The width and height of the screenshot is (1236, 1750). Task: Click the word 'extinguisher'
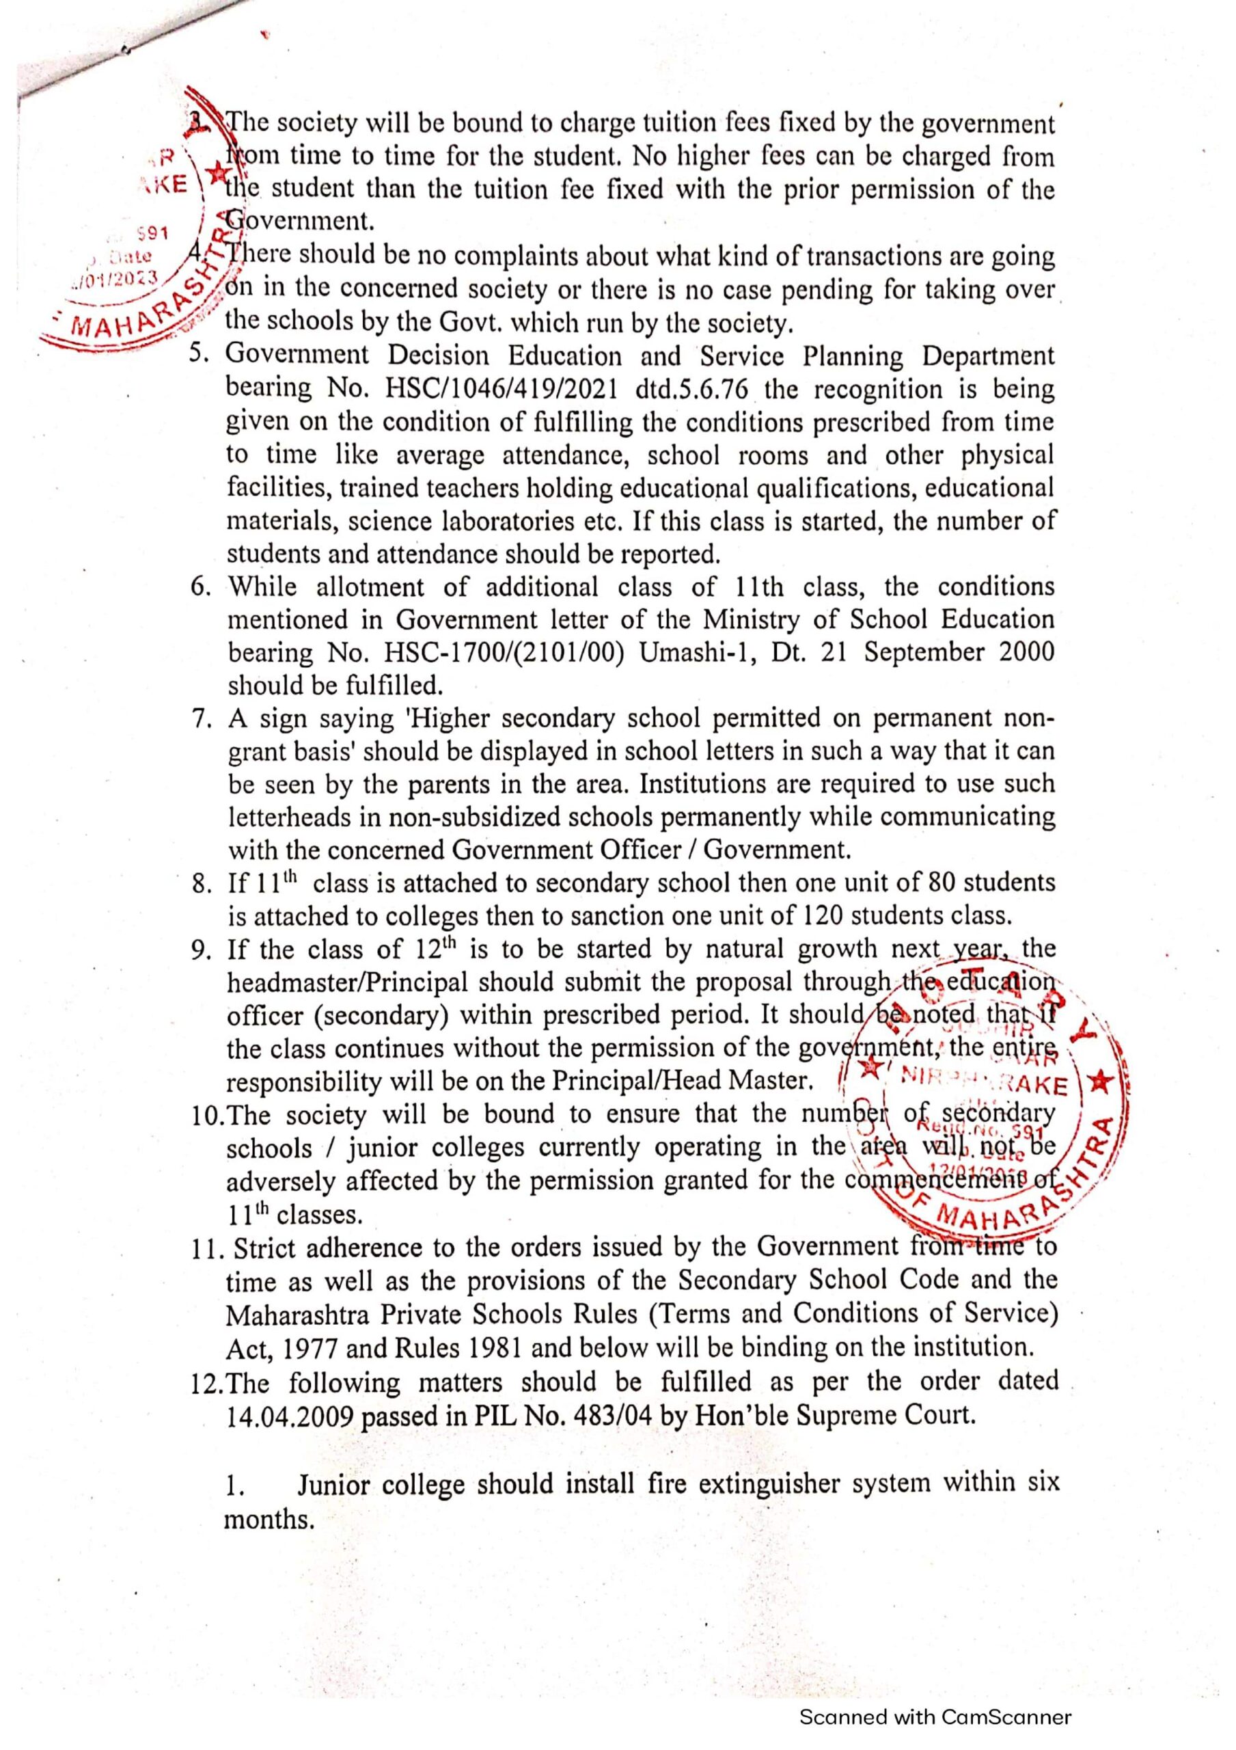[774, 1484]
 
